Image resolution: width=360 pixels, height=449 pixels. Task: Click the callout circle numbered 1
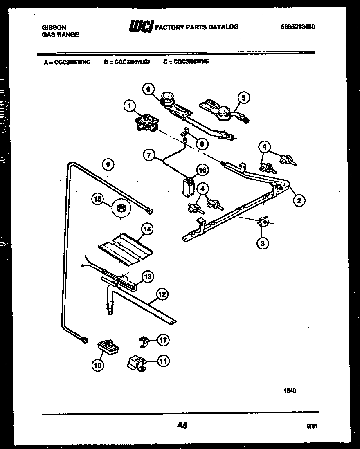(x=129, y=106)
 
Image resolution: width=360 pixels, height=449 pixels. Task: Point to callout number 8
(x=201, y=144)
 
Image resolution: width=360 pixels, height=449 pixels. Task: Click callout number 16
(x=202, y=170)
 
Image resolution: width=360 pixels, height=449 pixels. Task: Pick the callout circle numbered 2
(x=299, y=200)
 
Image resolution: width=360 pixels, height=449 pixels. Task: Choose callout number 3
(x=263, y=243)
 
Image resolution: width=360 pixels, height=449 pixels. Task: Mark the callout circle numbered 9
(x=108, y=165)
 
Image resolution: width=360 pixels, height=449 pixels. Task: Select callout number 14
(x=147, y=229)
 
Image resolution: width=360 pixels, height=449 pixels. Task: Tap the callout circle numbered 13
(x=147, y=276)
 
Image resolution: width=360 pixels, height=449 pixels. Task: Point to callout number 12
(x=162, y=293)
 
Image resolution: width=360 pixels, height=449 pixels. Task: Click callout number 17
(x=164, y=340)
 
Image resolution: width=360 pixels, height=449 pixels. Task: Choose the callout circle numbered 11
(x=164, y=361)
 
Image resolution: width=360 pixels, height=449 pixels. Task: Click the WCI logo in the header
(x=141, y=27)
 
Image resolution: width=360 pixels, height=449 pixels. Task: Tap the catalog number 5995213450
(x=298, y=27)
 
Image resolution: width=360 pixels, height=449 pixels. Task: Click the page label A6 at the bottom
(x=182, y=425)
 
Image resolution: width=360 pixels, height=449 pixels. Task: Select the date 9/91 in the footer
(x=311, y=426)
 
